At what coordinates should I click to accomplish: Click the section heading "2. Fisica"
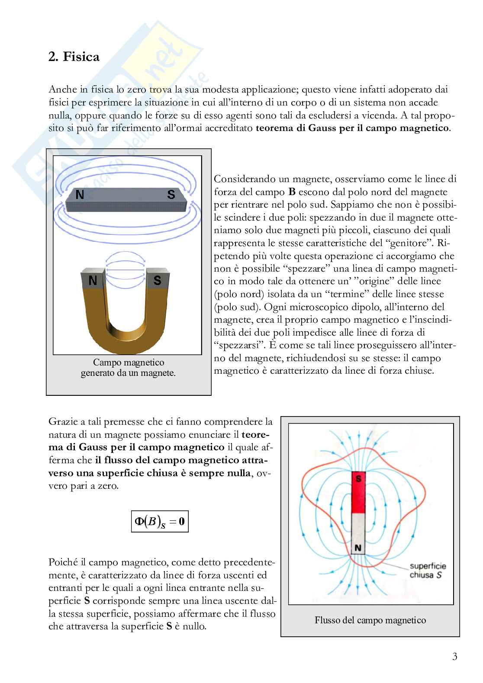(x=74, y=57)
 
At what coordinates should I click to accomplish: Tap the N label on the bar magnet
(x=80, y=195)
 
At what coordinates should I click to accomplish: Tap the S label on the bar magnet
(x=171, y=195)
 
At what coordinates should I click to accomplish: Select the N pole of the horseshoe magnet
(x=93, y=281)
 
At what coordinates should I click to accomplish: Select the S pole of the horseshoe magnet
(x=157, y=281)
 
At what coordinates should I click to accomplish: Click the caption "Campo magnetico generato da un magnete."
(x=129, y=368)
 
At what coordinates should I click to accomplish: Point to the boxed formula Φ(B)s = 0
(x=160, y=521)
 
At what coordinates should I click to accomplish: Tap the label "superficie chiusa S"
(x=427, y=571)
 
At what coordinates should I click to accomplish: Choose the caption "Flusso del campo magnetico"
(x=370, y=620)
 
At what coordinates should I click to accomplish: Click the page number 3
(x=454, y=657)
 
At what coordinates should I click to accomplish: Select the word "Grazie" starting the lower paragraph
(x=61, y=421)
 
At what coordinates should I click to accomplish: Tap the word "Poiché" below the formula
(x=63, y=563)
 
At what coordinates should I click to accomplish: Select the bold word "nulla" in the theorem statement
(x=238, y=473)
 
